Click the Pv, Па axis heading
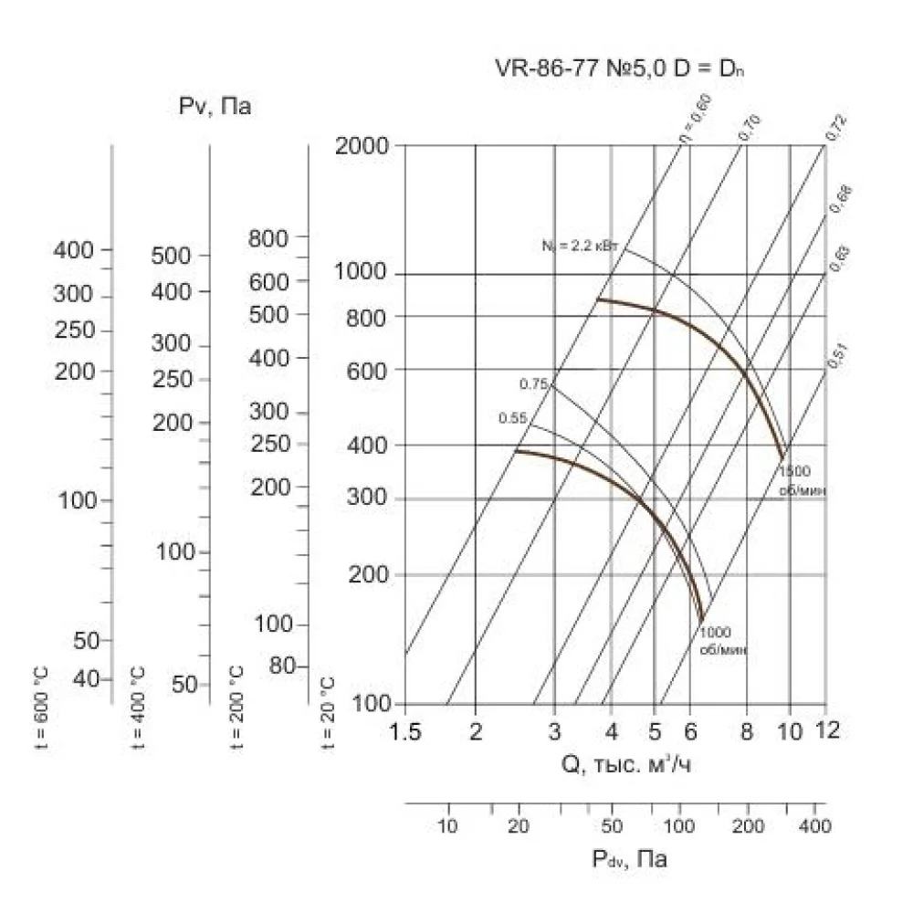215,108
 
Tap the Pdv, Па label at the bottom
629,859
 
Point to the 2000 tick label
362,146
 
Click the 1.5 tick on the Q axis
405,731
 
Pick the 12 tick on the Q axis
825,731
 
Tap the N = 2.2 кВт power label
580,245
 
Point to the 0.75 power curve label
532,384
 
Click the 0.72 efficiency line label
836,129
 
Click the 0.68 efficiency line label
839,199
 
